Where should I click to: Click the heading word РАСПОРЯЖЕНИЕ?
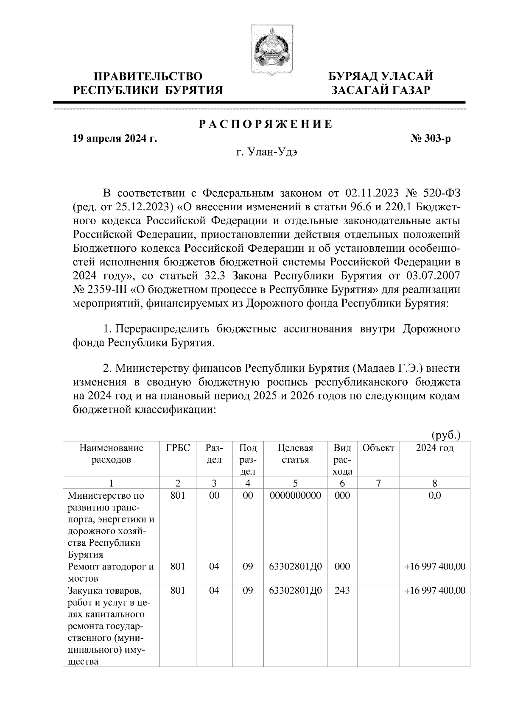click(266, 125)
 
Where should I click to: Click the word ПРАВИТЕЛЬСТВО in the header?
click(148, 77)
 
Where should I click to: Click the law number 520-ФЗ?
click(442, 194)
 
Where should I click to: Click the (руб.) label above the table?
click(445, 435)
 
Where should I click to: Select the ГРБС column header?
click(178, 448)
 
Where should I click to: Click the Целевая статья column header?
click(295, 454)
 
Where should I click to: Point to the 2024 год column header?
click(435, 448)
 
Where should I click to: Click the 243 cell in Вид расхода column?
click(342, 590)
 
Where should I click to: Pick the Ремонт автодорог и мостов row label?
click(110, 572)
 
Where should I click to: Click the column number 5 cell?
click(295, 483)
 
